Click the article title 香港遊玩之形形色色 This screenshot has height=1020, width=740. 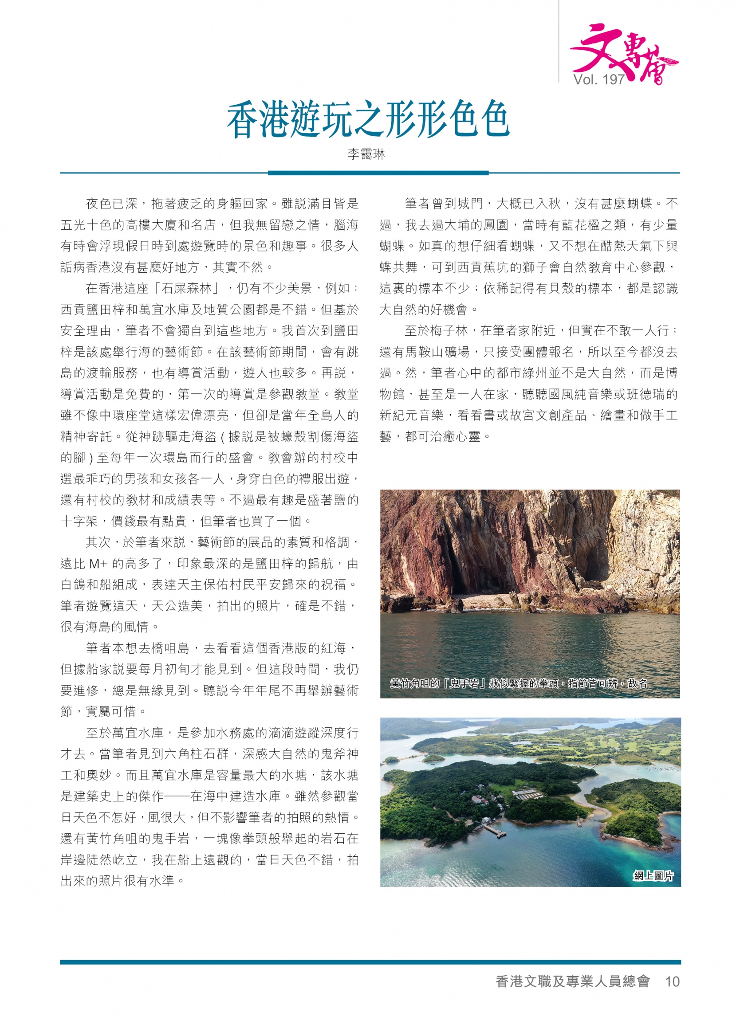pos(367,119)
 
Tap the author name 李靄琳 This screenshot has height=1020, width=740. pos(366,155)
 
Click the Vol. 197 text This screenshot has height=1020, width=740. pos(599,79)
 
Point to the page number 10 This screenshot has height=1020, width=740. pos(672,981)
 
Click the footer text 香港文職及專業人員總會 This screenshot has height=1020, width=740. pos(572,981)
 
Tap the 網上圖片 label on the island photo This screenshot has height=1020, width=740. pos(653,876)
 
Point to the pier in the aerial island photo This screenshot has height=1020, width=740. pos(493,830)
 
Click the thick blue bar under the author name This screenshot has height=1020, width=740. pos(378,173)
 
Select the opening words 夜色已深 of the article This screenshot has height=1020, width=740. pos(111,204)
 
